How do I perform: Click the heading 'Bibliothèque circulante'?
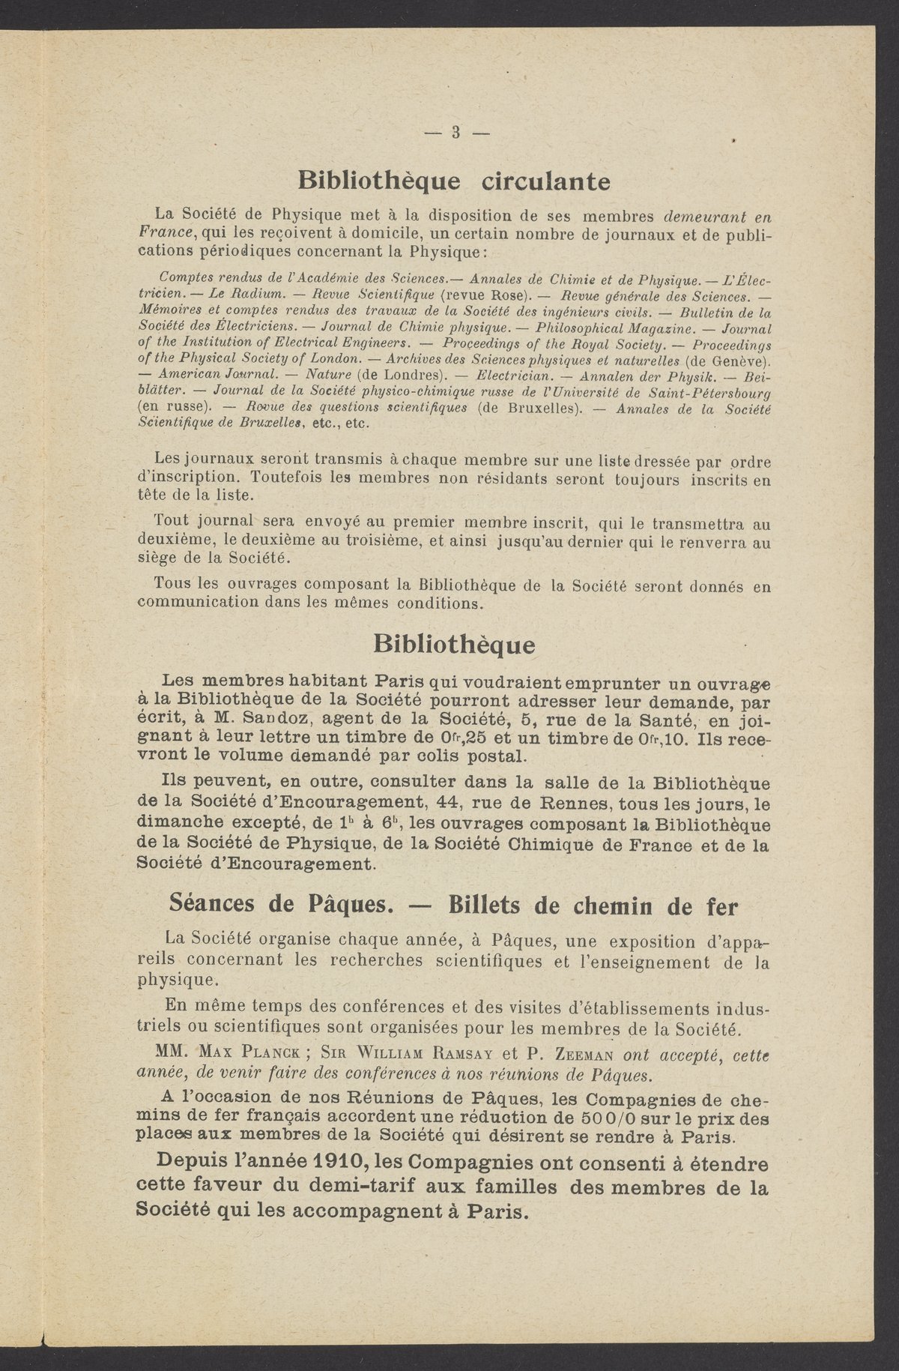click(x=454, y=181)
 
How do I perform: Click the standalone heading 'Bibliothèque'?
click(x=454, y=644)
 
